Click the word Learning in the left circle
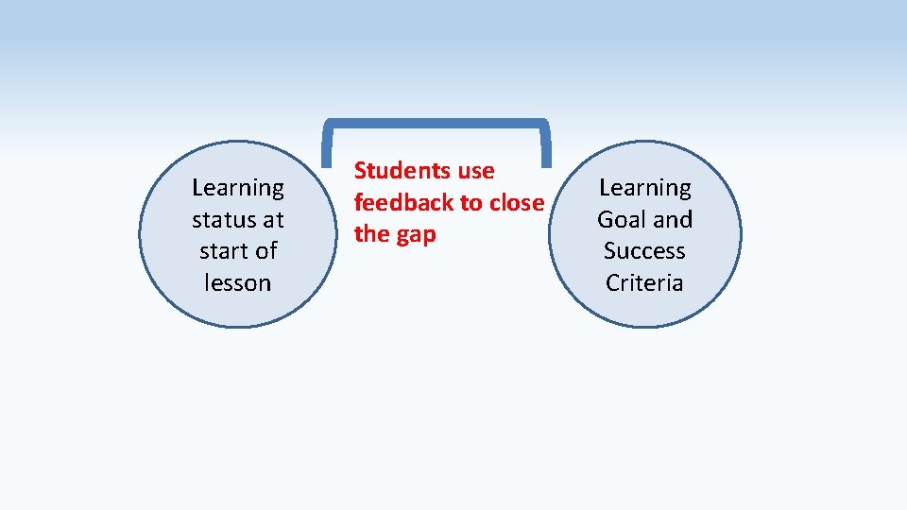[x=237, y=188]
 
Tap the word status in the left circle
[x=222, y=220]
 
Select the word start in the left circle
[x=225, y=251]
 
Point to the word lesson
[x=237, y=282]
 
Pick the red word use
[x=476, y=171]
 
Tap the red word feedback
[x=403, y=202]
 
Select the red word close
[x=517, y=202]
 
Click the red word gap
[x=417, y=234]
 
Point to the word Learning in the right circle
[x=645, y=188]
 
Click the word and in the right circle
[x=673, y=220]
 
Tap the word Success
[x=644, y=251]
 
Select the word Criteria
[x=644, y=282]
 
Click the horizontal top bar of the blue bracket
[x=436, y=123]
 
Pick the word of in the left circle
[x=265, y=251]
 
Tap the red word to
[x=471, y=202]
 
